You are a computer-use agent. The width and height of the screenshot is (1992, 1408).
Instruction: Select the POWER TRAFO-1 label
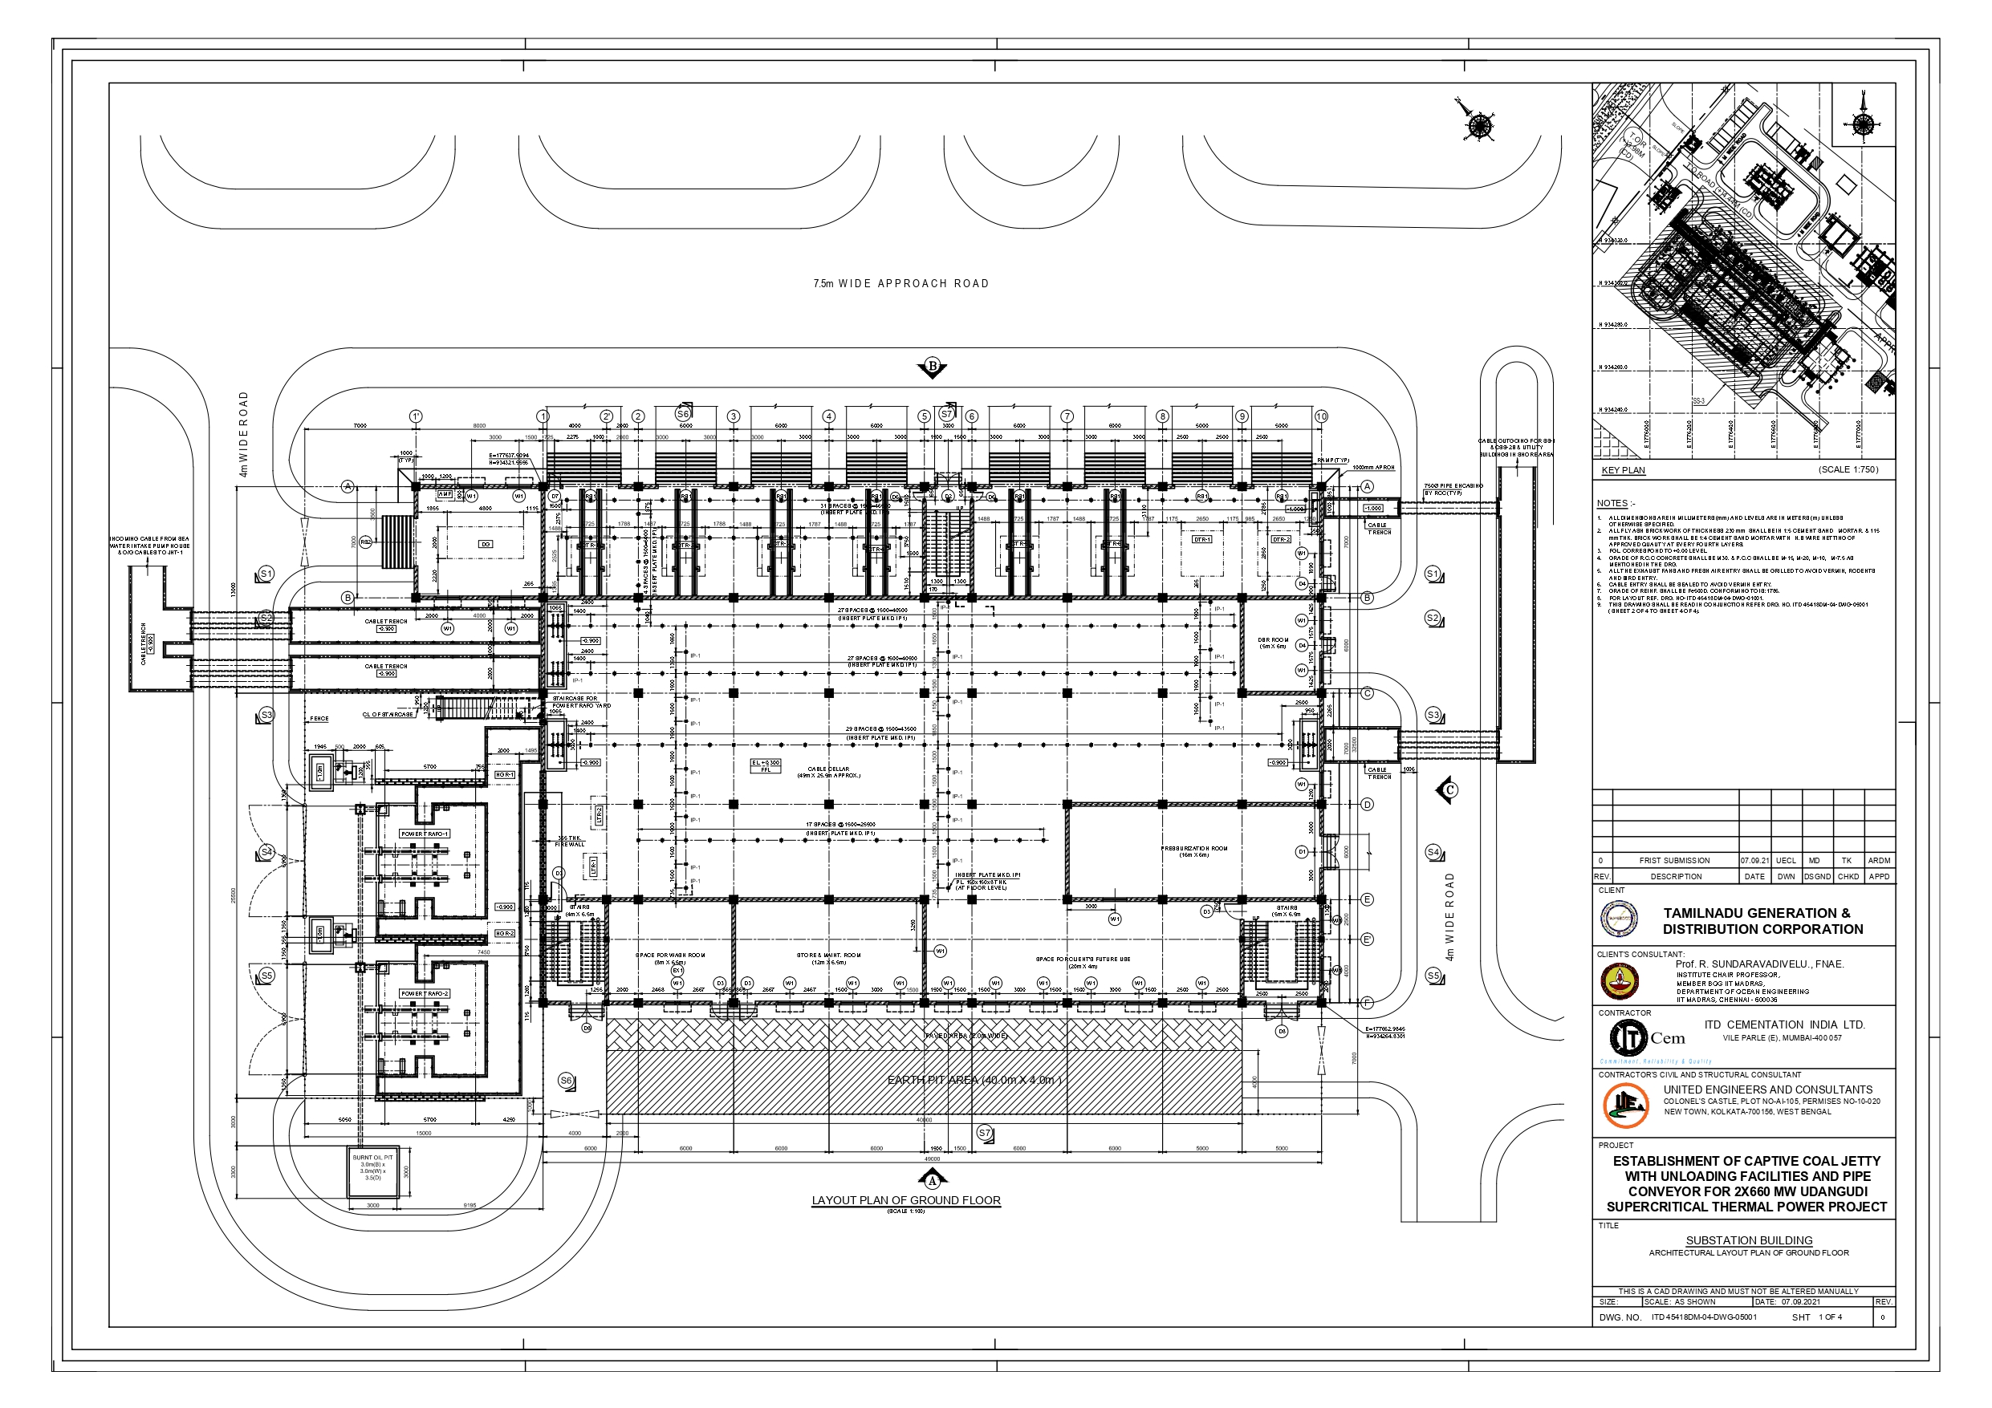coord(425,834)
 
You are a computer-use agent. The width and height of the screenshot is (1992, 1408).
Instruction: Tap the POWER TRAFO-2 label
coord(425,993)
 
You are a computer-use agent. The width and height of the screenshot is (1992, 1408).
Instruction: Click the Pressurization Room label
coord(1195,851)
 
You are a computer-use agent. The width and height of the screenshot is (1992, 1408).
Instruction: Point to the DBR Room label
coord(1273,643)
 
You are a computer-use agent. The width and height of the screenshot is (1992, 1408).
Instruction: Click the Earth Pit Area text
coord(974,1080)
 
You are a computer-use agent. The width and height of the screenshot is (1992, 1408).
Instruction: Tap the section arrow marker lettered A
coord(933,1179)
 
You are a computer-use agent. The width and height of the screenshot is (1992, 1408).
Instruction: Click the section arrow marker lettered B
coord(933,367)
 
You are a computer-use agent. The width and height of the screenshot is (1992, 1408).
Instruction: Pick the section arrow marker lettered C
coord(1447,790)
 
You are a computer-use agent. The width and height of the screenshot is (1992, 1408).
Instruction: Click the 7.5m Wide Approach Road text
coord(900,284)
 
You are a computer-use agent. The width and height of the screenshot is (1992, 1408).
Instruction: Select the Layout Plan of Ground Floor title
coord(906,1201)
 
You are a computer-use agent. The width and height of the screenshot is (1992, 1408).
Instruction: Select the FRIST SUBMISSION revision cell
coord(1674,861)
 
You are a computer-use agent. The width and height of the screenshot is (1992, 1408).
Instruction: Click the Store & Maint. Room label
coord(828,958)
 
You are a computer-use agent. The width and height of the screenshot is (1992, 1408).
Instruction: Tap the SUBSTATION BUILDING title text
coord(1748,1240)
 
